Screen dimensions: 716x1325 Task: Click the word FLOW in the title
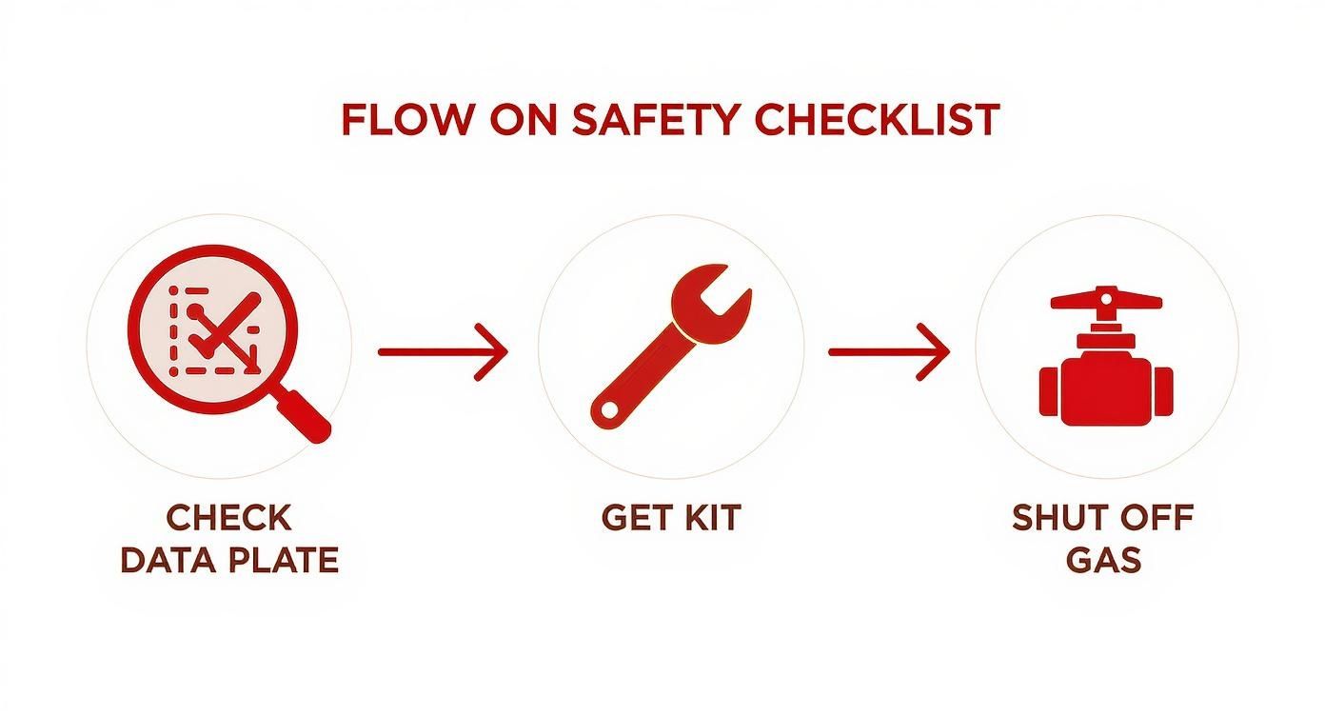[x=405, y=120]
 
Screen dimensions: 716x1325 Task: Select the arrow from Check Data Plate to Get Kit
[x=443, y=352]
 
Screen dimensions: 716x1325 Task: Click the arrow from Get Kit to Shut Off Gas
[x=889, y=352]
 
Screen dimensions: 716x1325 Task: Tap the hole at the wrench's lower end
[x=606, y=411]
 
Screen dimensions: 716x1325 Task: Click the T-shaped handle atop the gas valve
[x=1106, y=301]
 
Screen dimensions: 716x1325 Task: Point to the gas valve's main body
[x=1106, y=388]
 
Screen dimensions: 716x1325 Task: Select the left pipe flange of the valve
[x=1049, y=390]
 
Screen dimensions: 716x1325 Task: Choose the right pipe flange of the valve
[x=1163, y=390]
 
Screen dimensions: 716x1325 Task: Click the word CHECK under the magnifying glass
[x=228, y=519]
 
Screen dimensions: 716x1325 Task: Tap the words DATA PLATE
[x=228, y=560]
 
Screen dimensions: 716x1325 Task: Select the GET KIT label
[x=670, y=518]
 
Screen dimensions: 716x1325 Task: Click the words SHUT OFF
[x=1102, y=519]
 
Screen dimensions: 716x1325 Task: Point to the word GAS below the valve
[x=1103, y=560]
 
